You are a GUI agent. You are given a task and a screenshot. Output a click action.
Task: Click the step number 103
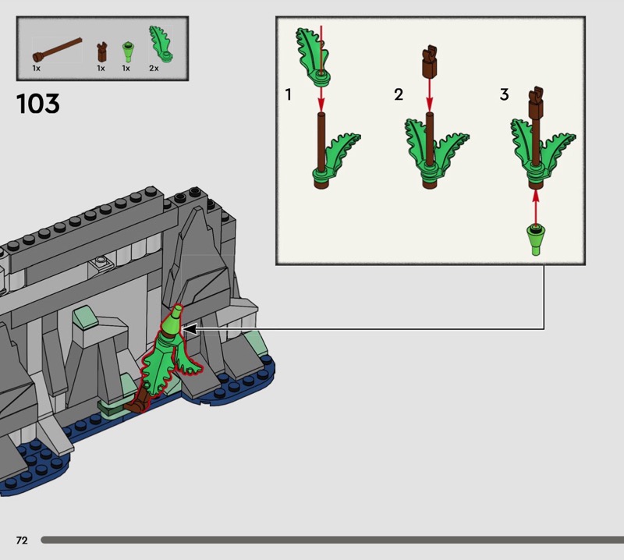point(38,104)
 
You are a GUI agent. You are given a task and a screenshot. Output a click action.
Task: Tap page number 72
point(22,540)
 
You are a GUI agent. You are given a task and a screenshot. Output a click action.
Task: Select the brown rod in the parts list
point(57,49)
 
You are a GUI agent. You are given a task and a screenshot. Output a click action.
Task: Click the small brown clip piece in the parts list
point(102,51)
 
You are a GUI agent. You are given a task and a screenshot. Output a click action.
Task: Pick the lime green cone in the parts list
point(128,51)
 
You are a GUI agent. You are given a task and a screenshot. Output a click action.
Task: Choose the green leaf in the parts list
point(161,44)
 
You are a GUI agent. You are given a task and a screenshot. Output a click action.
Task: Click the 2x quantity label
point(154,69)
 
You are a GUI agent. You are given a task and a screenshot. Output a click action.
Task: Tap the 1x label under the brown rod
point(36,69)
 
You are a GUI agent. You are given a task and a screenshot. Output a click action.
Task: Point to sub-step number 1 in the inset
point(288,94)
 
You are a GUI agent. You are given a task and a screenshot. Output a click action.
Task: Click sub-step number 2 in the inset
point(399,94)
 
